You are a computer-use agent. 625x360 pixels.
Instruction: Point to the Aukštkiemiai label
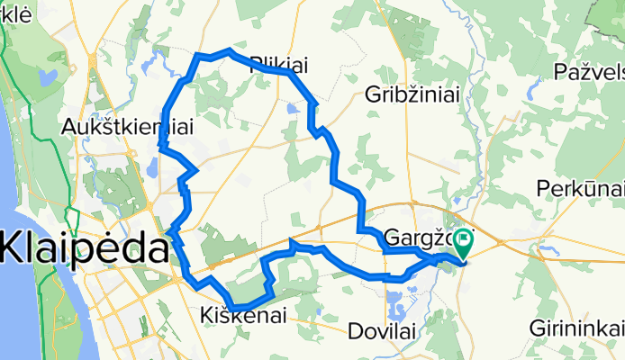tap(127, 129)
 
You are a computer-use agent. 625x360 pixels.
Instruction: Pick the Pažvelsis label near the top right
tap(590, 70)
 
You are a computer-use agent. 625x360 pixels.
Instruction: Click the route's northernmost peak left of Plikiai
tap(230, 51)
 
